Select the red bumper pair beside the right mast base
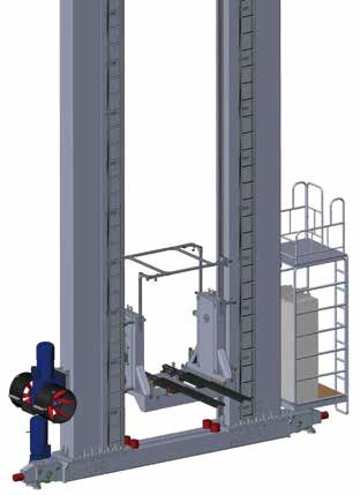tap(211, 425)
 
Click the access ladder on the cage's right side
tap(341, 332)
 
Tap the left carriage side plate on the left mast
tap(133, 336)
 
